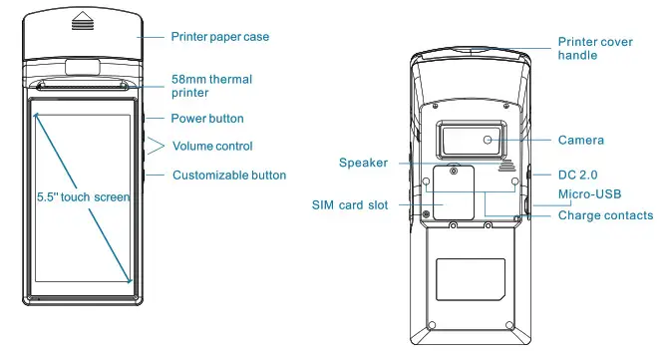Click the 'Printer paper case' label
(218, 37)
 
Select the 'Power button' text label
(207, 119)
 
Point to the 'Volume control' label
(212, 147)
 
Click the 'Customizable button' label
(229, 176)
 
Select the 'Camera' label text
(581, 141)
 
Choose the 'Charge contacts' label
(605, 215)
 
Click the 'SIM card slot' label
(350, 205)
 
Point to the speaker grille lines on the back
(515, 166)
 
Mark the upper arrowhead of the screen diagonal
(37, 113)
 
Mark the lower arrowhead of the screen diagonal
(129, 280)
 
